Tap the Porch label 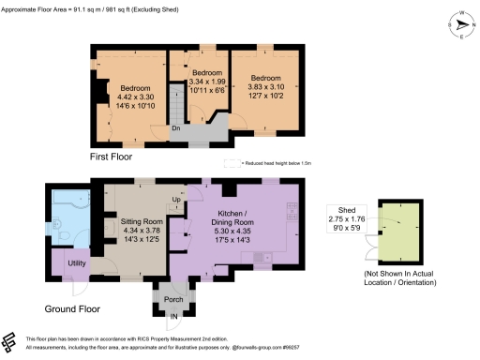(173, 300)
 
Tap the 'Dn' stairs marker (175, 128)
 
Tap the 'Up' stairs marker (176, 199)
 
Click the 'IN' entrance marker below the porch (172, 328)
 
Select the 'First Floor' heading (112, 157)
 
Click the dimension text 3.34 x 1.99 (206, 82)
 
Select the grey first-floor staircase (200, 131)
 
